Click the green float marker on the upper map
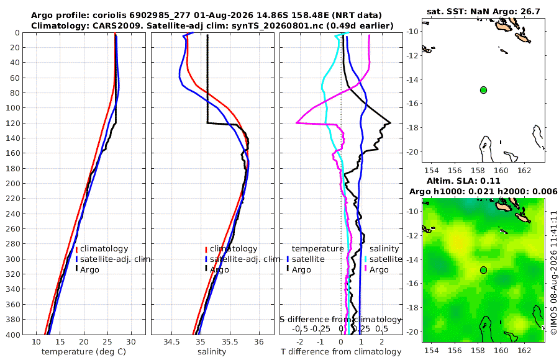click(483, 90)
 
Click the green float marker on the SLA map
click(483, 270)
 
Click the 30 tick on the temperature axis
click(131, 341)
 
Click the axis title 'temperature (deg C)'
click(84, 351)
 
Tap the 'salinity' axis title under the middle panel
click(212, 351)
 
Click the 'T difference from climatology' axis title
click(341, 351)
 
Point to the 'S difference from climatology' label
click(341, 319)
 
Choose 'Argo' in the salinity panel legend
click(219, 269)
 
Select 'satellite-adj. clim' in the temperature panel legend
click(115, 259)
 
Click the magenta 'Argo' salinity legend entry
click(379, 269)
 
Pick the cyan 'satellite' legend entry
click(386, 259)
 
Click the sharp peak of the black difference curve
click(391, 123)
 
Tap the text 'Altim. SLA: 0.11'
click(463, 181)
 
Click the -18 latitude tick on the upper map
click(413, 128)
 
